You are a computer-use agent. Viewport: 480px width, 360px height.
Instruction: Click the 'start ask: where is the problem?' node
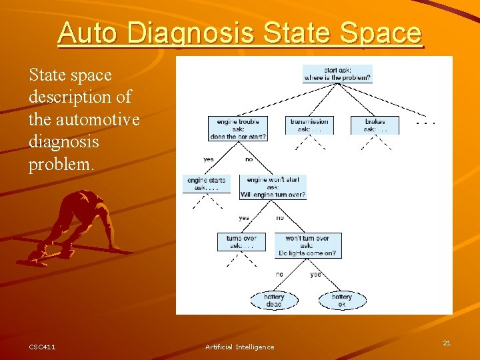pos(337,73)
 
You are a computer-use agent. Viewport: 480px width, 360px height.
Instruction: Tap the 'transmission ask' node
pos(309,125)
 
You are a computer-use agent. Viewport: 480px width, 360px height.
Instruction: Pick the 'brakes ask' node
pos(375,125)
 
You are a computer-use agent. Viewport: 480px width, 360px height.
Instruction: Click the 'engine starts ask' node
pos(206,184)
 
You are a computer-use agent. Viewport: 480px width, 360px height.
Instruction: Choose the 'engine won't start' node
pos(273,187)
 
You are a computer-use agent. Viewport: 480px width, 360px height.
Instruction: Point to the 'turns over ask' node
pos(241,242)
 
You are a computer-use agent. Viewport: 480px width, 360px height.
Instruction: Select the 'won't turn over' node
pos(307,246)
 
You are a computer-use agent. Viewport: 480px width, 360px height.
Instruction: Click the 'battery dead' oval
pos(273,301)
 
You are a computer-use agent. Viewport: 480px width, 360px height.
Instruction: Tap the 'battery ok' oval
pos(342,301)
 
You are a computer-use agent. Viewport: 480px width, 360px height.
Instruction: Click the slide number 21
pos(447,343)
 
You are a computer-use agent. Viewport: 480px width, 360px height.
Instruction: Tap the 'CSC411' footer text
pos(42,347)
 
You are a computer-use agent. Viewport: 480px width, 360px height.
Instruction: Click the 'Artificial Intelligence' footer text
pos(239,347)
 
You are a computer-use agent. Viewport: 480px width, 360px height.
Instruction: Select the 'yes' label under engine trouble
pos(209,159)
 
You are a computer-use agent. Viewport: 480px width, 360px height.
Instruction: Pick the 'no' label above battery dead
pos(279,274)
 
